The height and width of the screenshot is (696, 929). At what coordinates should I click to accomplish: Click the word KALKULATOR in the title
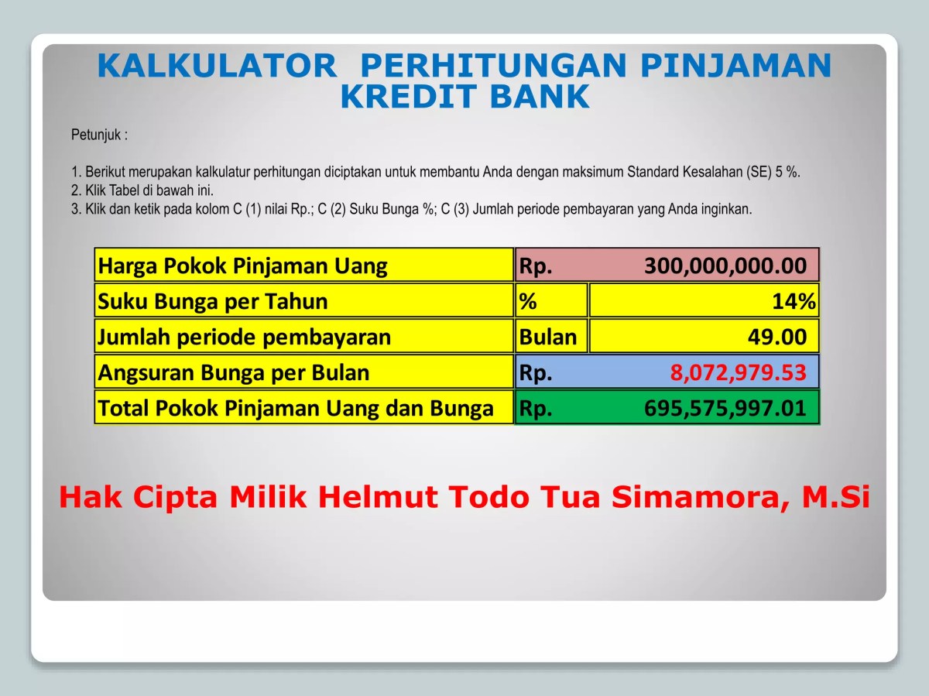(x=218, y=67)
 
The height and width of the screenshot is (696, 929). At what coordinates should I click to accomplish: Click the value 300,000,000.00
(x=725, y=266)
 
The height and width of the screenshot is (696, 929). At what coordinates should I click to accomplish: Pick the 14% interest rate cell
(x=793, y=302)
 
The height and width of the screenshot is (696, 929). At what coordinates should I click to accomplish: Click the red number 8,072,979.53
(x=738, y=373)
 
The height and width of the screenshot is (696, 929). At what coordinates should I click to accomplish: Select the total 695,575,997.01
(x=725, y=409)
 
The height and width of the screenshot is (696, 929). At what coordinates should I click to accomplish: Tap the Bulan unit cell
(x=548, y=338)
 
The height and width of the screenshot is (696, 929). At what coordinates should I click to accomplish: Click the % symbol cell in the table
(x=528, y=302)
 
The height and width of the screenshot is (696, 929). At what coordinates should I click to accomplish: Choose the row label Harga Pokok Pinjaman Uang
(x=242, y=266)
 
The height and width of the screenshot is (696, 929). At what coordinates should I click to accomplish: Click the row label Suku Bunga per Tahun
(x=213, y=302)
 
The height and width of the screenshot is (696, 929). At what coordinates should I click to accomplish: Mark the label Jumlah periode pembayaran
(x=244, y=338)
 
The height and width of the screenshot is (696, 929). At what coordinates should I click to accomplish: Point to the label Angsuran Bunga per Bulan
(x=234, y=373)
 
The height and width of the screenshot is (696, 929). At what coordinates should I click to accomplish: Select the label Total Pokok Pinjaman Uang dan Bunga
(x=296, y=409)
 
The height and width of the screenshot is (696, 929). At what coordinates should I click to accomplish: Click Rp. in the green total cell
(x=535, y=409)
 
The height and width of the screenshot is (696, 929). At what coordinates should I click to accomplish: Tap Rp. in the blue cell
(x=535, y=373)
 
